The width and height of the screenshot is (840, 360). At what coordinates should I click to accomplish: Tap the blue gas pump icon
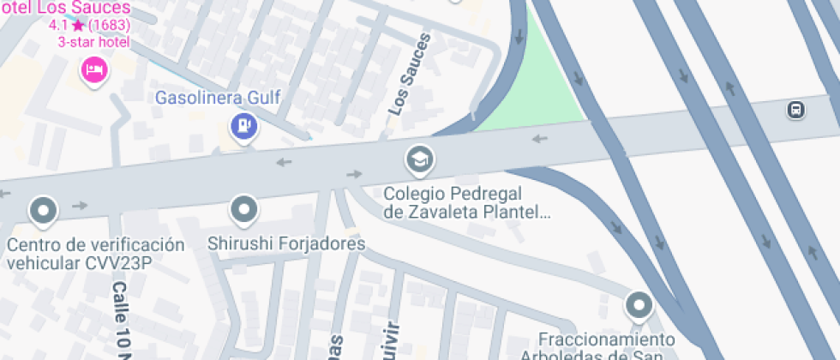[x=244, y=127]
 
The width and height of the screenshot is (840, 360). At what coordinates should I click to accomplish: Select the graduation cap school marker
[x=419, y=159]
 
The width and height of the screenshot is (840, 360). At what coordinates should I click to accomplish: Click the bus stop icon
[x=796, y=110]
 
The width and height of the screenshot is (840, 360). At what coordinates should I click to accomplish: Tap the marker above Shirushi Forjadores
[x=245, y=208]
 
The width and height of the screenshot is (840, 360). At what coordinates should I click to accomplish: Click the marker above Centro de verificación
[x=43, y=208]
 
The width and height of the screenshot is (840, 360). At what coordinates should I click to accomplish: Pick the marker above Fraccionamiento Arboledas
[x=639, y=304]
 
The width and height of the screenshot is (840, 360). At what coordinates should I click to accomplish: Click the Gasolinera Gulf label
[x=218, y=97]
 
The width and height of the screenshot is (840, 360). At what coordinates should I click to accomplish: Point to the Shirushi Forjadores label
[x=286, y=244]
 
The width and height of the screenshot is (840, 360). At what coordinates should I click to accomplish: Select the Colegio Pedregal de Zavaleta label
[x=466, y=202]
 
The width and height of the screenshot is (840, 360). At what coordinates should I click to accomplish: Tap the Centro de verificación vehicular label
[x=95, y=254]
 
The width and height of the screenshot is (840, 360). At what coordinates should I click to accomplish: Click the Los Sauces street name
[x=409, y=74]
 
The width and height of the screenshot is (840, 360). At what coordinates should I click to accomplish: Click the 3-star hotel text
[x=93, y=41]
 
